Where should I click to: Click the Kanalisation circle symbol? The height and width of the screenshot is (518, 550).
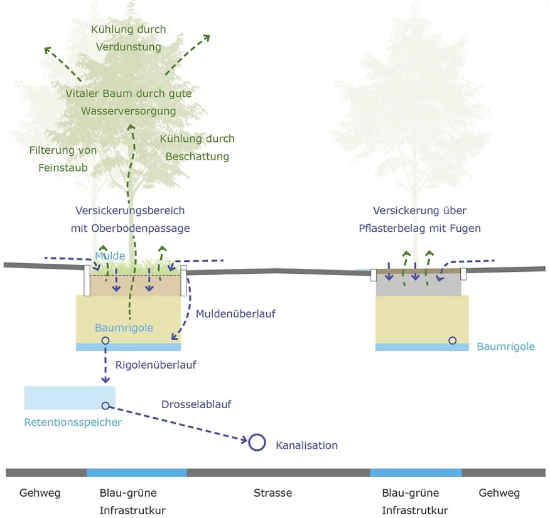256,442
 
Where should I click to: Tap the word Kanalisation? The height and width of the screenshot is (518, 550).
306,445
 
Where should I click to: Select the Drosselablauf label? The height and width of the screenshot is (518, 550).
196,404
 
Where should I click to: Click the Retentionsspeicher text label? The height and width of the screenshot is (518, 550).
73,422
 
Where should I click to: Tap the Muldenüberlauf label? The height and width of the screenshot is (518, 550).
235,313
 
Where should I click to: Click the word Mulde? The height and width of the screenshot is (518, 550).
111,256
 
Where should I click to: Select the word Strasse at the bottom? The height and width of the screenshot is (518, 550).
272,493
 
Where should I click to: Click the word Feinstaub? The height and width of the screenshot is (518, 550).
58,168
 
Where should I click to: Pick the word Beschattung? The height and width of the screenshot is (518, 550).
197,156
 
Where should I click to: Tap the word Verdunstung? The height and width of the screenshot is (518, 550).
128,46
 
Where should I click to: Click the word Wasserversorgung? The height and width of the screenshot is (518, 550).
128,111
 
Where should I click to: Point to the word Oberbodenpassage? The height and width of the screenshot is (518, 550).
149,228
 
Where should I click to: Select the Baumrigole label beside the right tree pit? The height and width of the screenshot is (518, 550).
505,347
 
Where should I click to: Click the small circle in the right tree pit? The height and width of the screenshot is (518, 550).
452,340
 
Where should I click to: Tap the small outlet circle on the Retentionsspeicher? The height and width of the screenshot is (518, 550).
105,406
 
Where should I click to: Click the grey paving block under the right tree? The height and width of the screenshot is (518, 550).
418,286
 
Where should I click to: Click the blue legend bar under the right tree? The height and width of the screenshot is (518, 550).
416,472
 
